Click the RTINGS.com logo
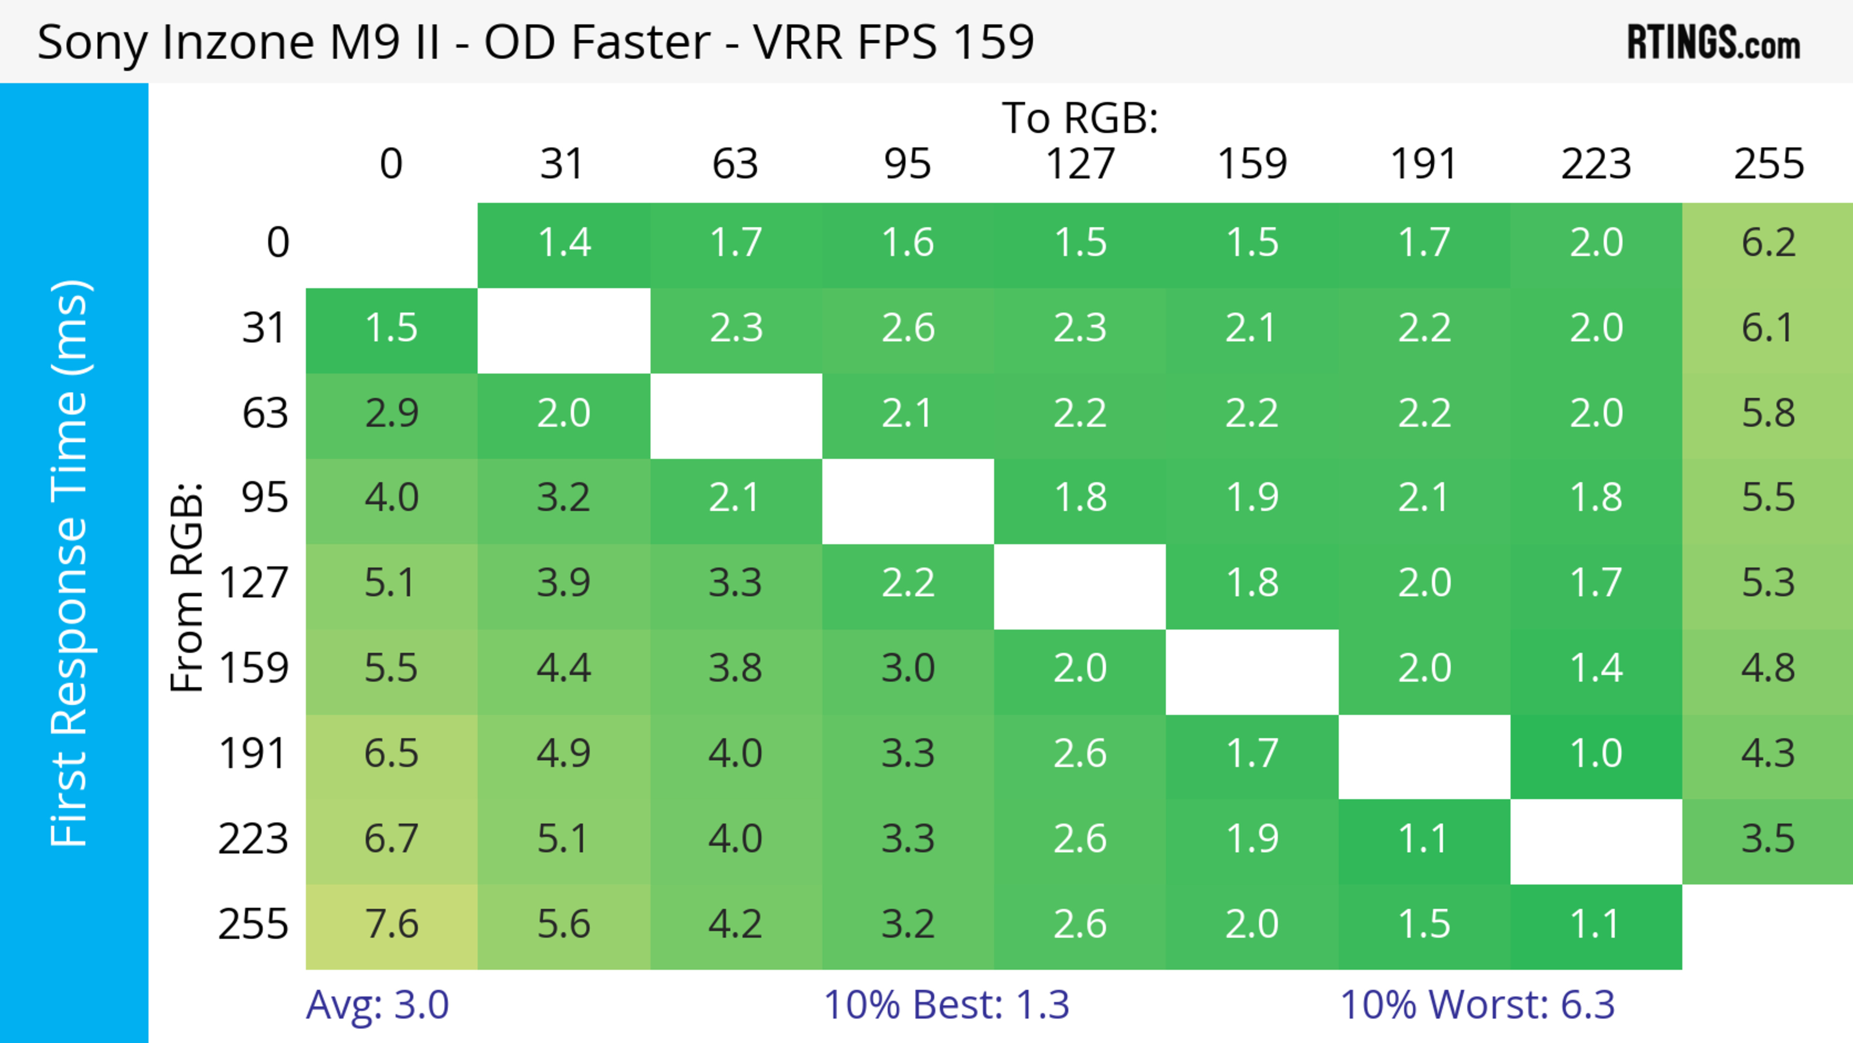1714,42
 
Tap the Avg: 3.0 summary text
378,1005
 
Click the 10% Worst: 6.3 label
1478,1005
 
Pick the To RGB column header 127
1080,164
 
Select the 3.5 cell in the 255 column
1768,839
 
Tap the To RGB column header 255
1768,164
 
